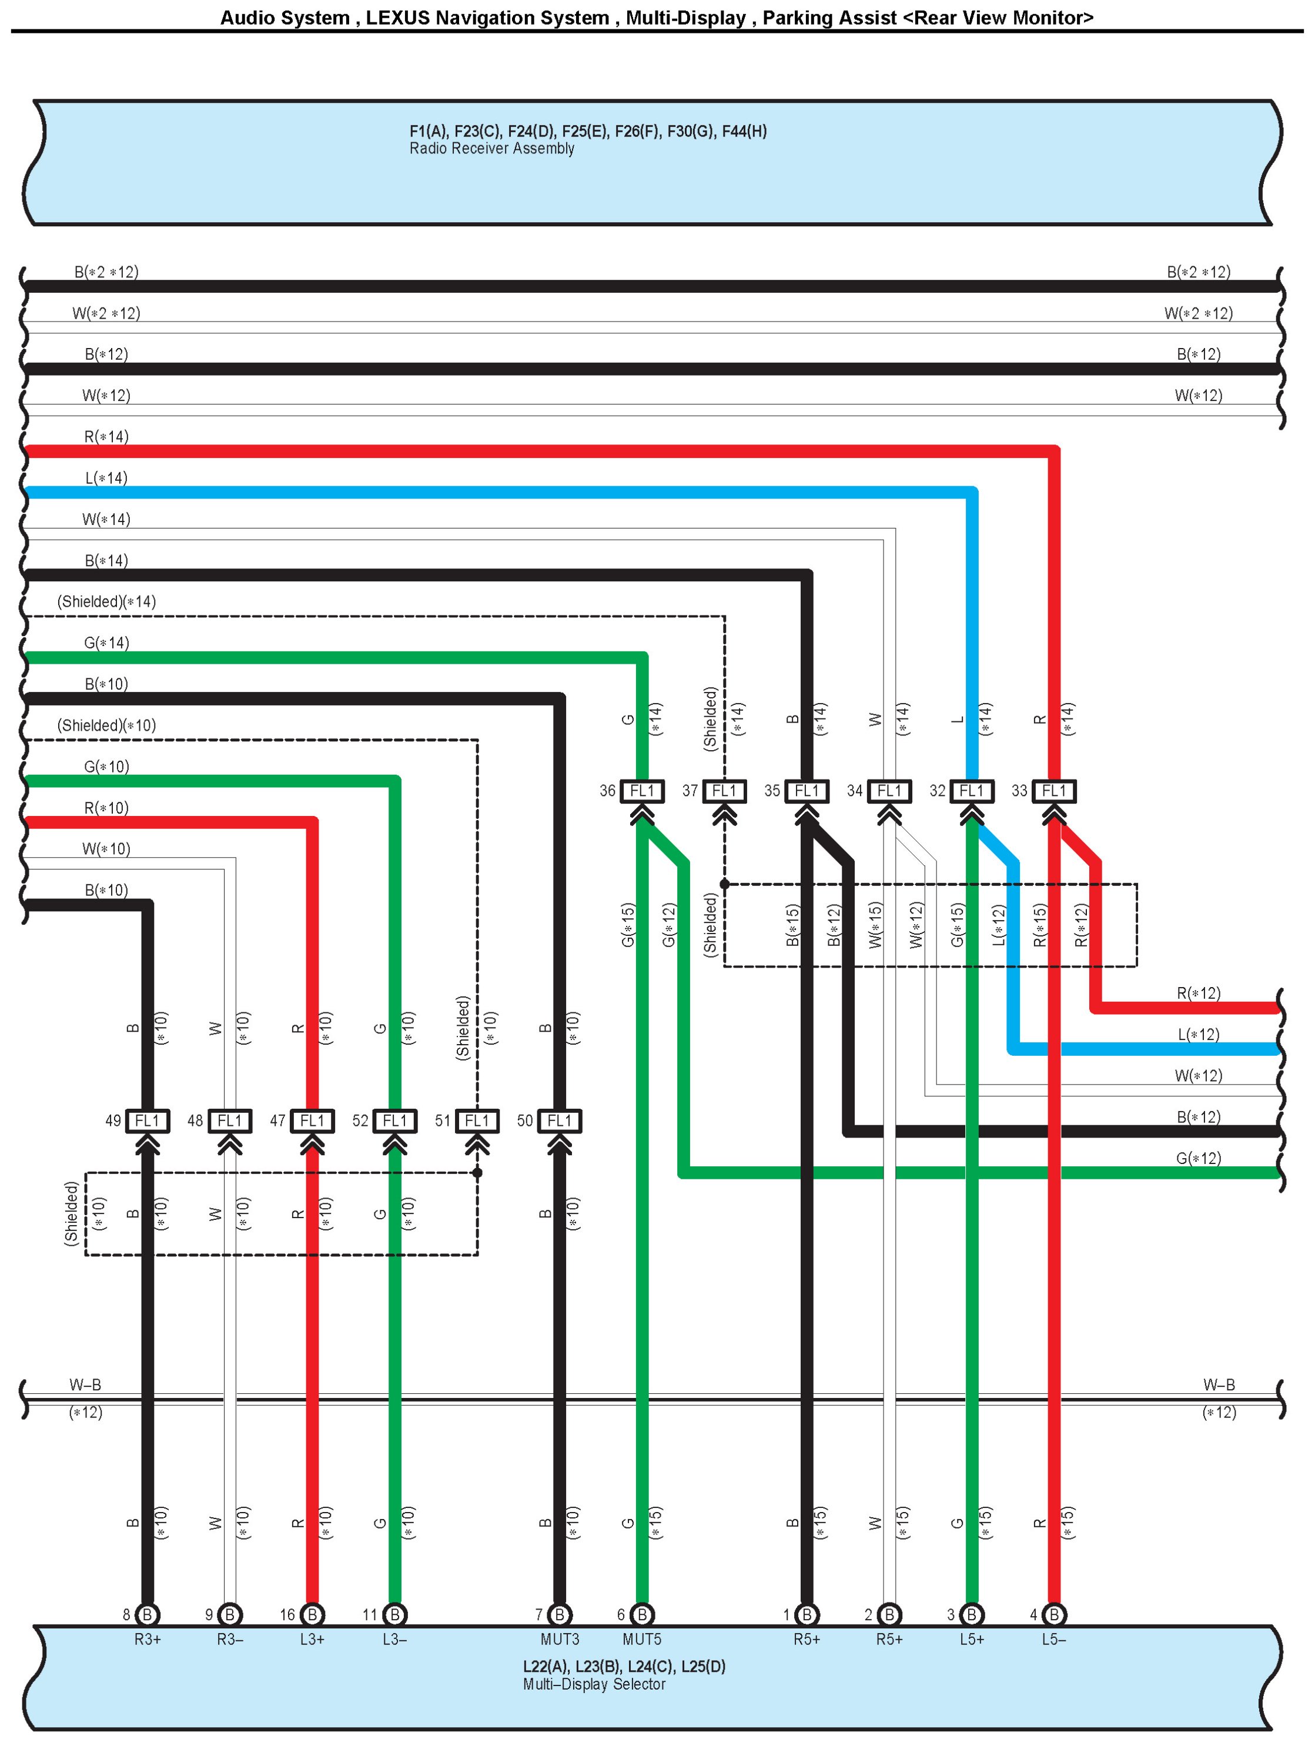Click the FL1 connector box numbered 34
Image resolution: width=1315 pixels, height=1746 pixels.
tap(889, 790)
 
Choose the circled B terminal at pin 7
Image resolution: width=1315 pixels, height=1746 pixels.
tap(559, 1614)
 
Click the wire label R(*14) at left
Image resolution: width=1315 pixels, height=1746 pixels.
tap(106, 436)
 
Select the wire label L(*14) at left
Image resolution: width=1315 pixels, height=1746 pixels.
tap(106, 477)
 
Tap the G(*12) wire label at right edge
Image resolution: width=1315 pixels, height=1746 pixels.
tap(1197, 1158)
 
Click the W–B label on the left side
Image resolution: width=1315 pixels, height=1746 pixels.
tap(85, 1384)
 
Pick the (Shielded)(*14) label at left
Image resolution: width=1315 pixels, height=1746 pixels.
tap(106, 601)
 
